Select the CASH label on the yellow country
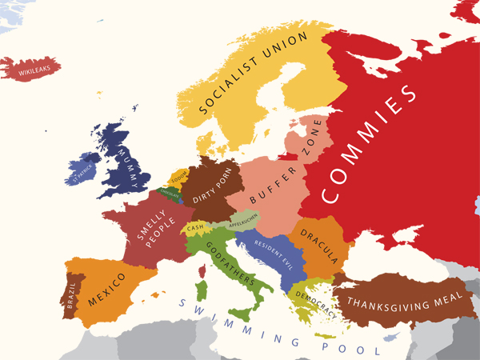click(195, 228)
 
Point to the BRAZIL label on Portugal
click(72, 297)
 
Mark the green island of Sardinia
click(201, 286)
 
